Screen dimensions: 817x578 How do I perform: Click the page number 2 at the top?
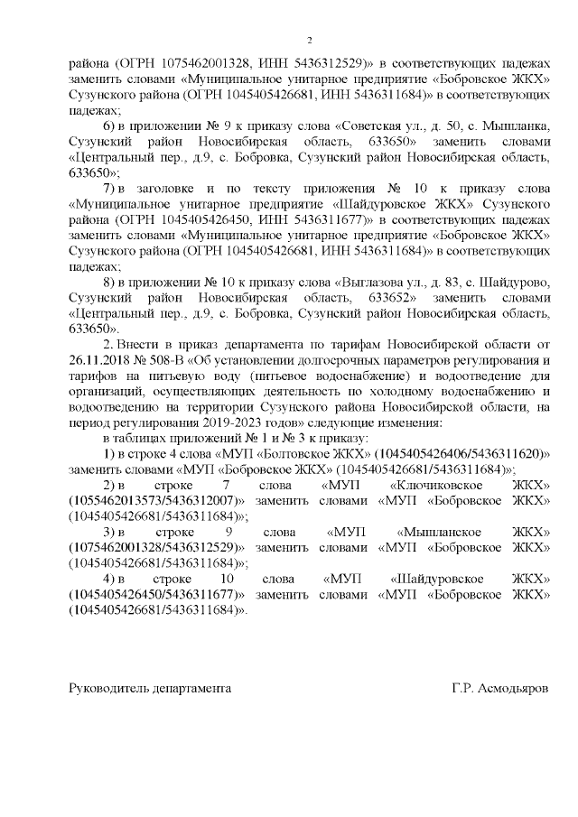[x=309, y=41]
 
